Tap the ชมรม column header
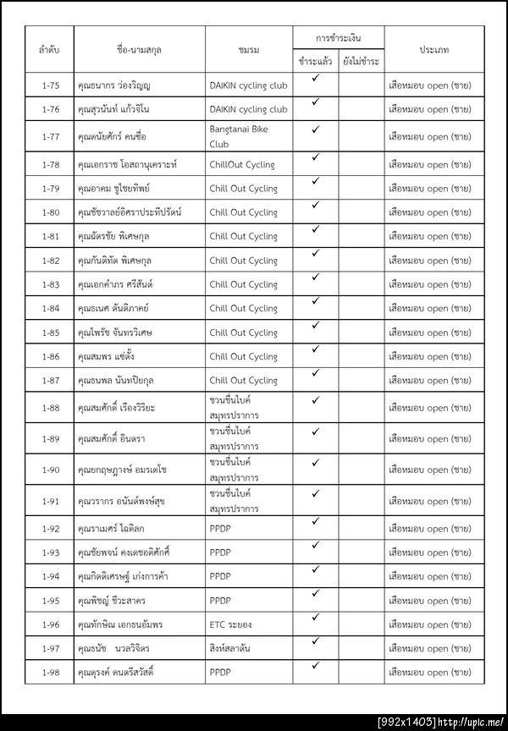tap(249, 50)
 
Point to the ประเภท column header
tap(433, 50)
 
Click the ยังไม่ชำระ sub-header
tap(362, 62)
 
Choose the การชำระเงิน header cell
tap(338, 38)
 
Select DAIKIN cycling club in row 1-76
tap(248, 109)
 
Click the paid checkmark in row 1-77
tap(314, 130)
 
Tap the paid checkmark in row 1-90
tap(314, 463)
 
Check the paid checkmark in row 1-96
tap(314, 618)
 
